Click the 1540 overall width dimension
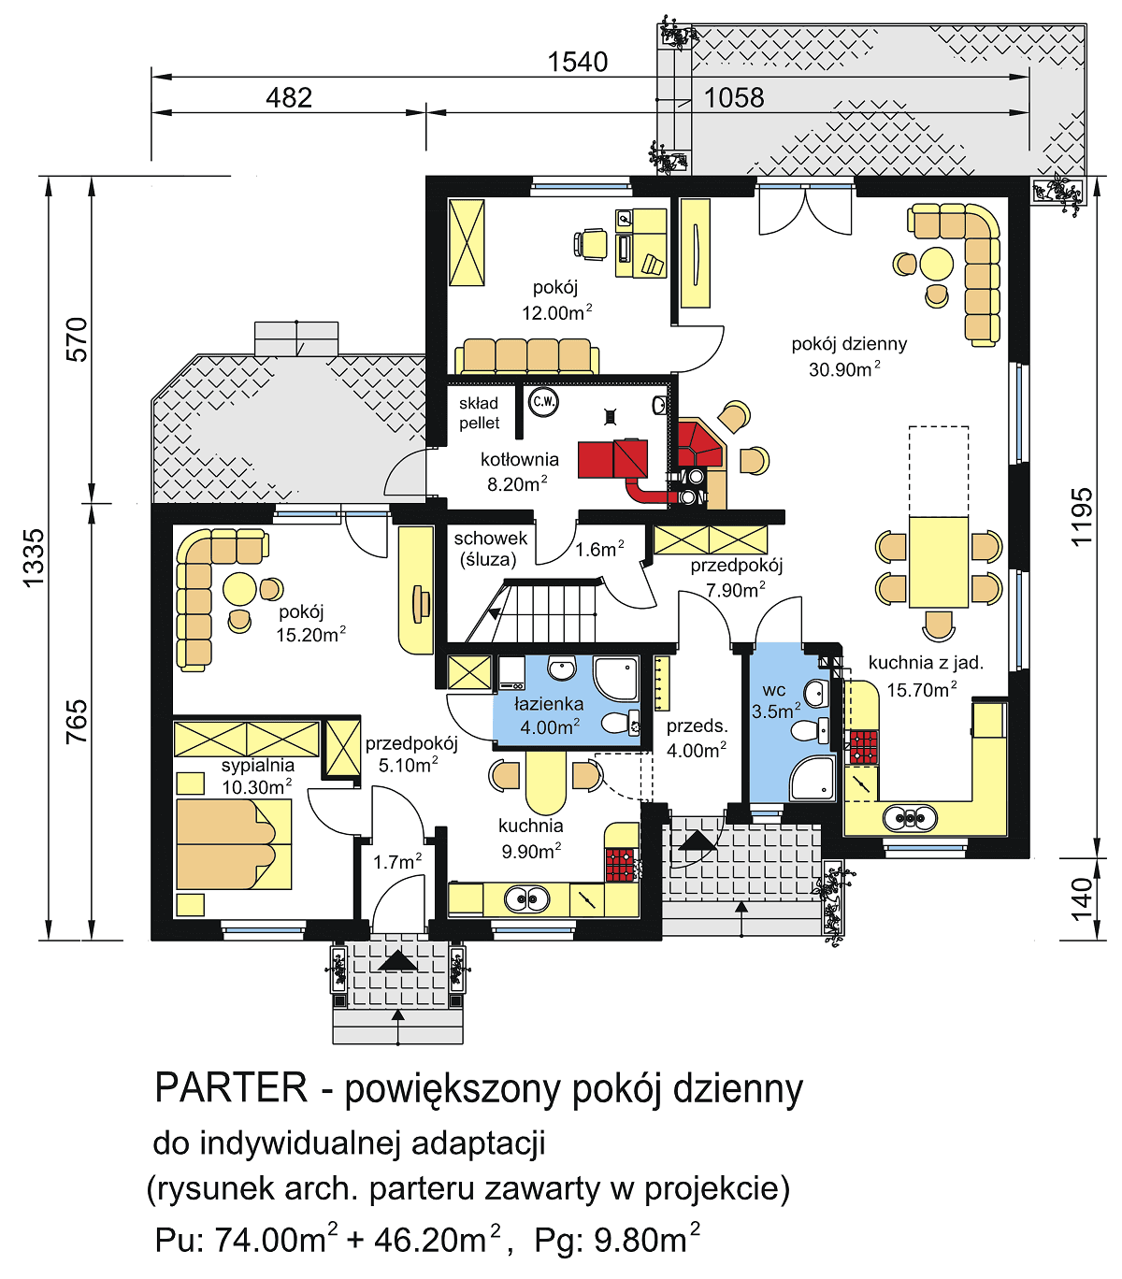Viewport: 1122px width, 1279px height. tap(577, 62)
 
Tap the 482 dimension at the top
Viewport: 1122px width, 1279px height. tap(288, 97)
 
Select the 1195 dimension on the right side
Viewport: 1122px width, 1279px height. tap(1081, 516)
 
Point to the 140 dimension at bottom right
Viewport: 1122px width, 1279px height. tap(1081, 898)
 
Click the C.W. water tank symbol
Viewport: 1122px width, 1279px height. tap(543, 402)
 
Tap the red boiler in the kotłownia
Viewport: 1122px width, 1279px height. tap(612, 457)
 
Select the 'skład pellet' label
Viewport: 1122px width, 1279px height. tap(479, 413)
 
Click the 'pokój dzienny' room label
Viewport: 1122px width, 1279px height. tap(848, 343)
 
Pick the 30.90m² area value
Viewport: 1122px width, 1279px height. tap(843, 369)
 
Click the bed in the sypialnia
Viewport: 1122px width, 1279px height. tap(234, 844)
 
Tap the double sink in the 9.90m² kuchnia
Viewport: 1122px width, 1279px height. tap(527, 899)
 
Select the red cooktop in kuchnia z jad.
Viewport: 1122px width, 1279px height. tap(863, 748)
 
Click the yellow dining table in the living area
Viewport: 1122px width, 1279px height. tap(939, 561)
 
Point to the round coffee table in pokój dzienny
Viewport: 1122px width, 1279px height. tap(936, 263)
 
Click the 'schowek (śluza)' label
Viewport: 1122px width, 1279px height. tap(490, 549)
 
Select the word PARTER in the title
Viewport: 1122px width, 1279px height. tap(231, 1088)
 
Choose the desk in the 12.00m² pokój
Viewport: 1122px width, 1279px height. tap(641, 243)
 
